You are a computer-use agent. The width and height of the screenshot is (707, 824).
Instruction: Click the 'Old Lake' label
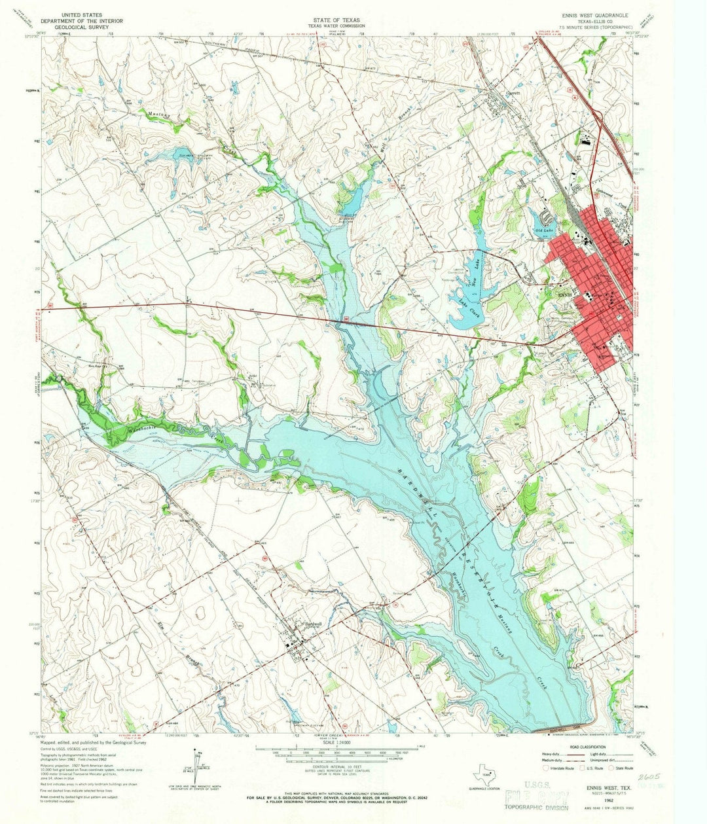pos(544,231)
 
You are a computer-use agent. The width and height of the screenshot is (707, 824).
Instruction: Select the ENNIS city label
pos(564,295)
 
